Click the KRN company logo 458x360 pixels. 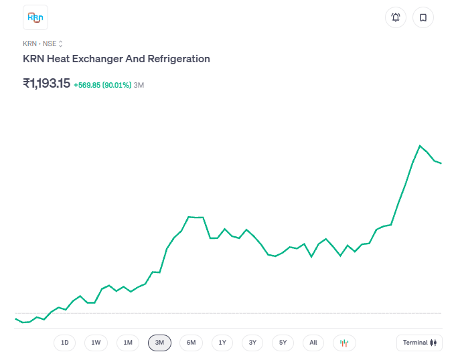pos(35,17)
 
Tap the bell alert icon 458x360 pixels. pos(396,17)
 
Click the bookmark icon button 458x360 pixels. pos(423,17)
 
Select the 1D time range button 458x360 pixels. pos(65,343)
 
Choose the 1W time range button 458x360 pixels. pos(96,343)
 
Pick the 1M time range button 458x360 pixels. pos(128,343)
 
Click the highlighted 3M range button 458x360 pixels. pos(159,343)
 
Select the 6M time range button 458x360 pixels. pos(191,343)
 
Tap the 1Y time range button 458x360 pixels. pos(222,343)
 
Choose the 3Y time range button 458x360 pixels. pos(252,343)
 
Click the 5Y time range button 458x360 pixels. pos(283,343)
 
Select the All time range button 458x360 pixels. pos(313,343)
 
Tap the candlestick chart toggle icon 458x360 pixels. pos(344,343)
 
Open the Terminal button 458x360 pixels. pos(419,343)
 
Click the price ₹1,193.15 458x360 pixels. pos(46,84)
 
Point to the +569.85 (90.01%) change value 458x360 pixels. pos(102,85)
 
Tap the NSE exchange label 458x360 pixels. pos(50,43)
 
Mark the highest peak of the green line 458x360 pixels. pos(420,145)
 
